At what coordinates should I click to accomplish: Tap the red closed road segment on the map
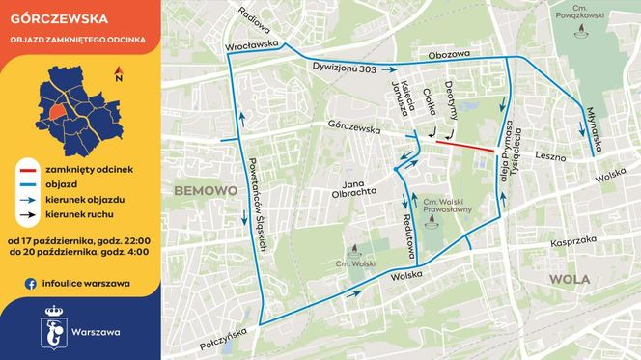point(460,146)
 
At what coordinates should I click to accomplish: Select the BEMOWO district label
point(206,191)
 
